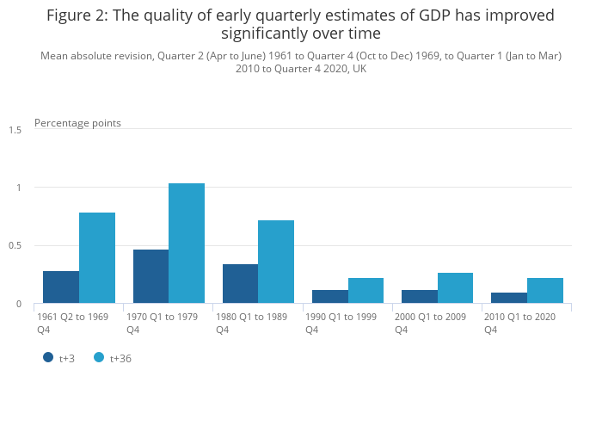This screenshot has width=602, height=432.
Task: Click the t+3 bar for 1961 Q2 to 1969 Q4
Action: [61, 287]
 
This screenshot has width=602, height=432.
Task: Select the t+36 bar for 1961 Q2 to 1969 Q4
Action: [97, 258]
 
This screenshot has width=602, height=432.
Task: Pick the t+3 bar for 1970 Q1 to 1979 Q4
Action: [150, 276]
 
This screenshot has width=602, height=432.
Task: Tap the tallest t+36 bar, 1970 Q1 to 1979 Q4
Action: [187, 244]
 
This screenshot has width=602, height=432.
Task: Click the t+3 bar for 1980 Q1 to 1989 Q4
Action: [240, 284]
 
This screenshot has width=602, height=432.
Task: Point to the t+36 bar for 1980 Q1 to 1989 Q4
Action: [276, 262]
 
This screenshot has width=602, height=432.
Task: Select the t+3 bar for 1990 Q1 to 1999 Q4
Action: [329, 297]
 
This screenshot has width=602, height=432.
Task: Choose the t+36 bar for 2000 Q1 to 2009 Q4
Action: [455, 288]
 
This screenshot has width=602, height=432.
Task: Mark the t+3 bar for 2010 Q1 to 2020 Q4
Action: [508, 298]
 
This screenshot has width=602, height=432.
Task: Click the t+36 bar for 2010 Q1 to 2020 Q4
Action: [544, 291]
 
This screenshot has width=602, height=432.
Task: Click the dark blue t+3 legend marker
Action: [49, 357]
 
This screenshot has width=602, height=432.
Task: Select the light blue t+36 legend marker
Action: [100, 357]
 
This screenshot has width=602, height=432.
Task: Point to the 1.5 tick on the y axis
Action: [15, 130]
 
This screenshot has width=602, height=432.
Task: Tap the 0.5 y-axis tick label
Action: [15, 246]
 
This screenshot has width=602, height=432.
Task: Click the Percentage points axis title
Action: [77, 123]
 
